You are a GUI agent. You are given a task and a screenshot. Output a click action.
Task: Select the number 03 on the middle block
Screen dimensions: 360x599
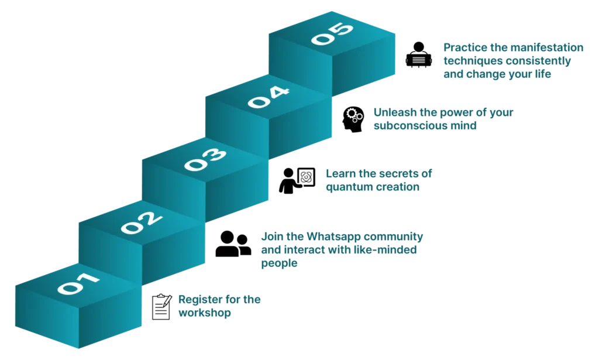[205, 159]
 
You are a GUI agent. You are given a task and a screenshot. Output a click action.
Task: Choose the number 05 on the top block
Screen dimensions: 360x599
[332, 33]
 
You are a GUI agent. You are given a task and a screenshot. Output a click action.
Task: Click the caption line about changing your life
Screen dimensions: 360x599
[497, 74]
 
